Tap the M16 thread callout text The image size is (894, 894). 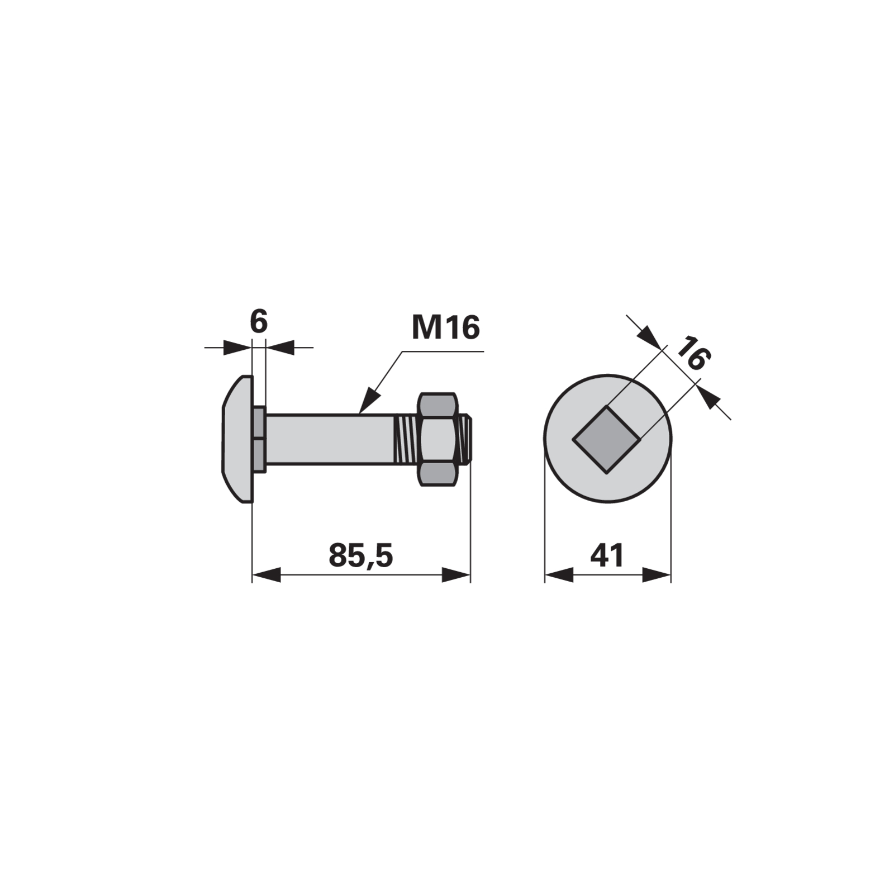click(445, 327)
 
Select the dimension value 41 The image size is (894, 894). click(607, 555)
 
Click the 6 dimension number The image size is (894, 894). click(259, 322)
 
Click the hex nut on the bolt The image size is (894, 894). click(441, 439)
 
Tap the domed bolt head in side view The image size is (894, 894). click(238, 439)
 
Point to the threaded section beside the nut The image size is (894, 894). click(407, 439)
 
